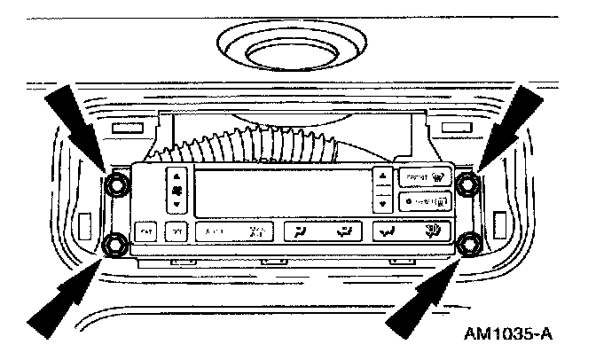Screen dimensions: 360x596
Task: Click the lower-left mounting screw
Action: [115, 244]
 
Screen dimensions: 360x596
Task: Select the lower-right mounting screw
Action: [470, 241]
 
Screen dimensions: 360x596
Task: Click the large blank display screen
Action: [278, 188]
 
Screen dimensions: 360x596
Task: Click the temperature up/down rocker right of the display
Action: [382, 189]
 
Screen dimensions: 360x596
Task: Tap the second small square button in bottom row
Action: [176, 232]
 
